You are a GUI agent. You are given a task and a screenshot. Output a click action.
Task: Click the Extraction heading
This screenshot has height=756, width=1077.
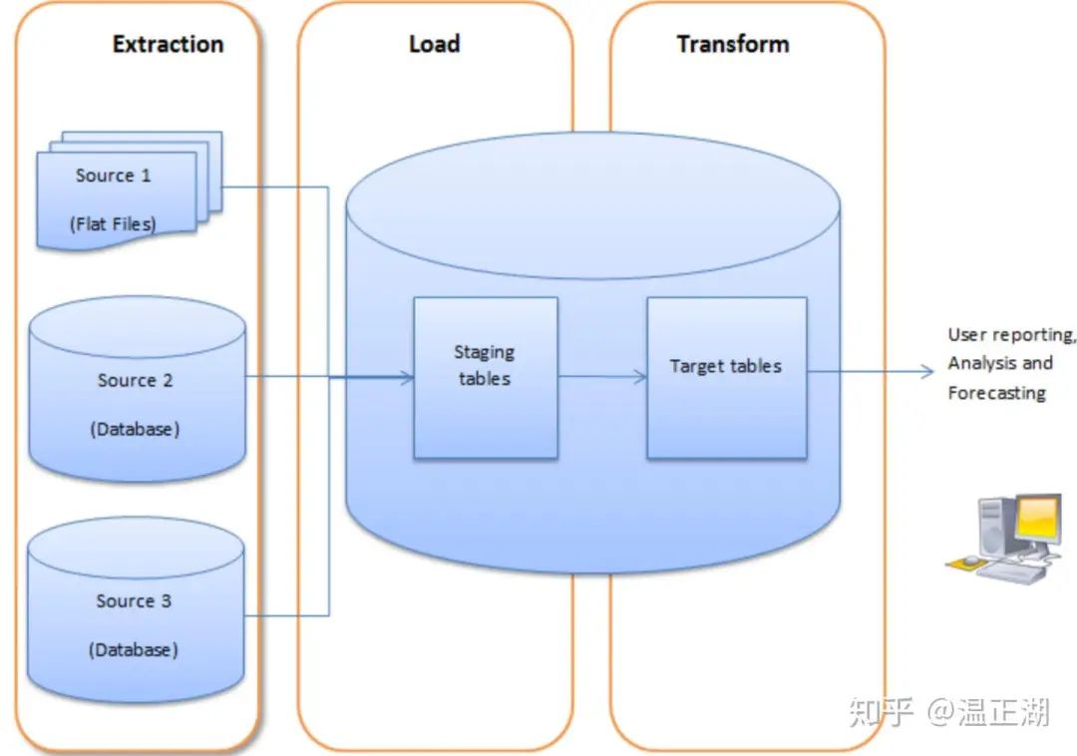point(168,44)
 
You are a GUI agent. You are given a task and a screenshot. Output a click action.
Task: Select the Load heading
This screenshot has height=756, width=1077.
point(434,44)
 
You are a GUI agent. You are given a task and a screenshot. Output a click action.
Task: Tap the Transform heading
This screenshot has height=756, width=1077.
point(733,44)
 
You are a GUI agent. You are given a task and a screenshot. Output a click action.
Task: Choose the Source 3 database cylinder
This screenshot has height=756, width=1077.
point(137,608)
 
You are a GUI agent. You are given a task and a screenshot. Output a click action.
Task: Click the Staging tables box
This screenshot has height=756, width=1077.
point(485,377)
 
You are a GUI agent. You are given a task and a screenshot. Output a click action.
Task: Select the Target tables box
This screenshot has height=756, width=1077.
point(726,377)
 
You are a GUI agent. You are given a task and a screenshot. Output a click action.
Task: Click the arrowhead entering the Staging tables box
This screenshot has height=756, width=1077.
point(407,377)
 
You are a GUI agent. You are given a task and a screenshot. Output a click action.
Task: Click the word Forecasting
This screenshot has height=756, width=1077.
point(996,393)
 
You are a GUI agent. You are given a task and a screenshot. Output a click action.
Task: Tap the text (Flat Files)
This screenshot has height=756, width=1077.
point(113,223)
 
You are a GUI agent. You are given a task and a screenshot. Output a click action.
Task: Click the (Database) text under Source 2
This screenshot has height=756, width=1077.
point(135,429)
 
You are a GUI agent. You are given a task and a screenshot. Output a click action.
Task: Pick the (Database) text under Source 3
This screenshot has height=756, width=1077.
point(134,649)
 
